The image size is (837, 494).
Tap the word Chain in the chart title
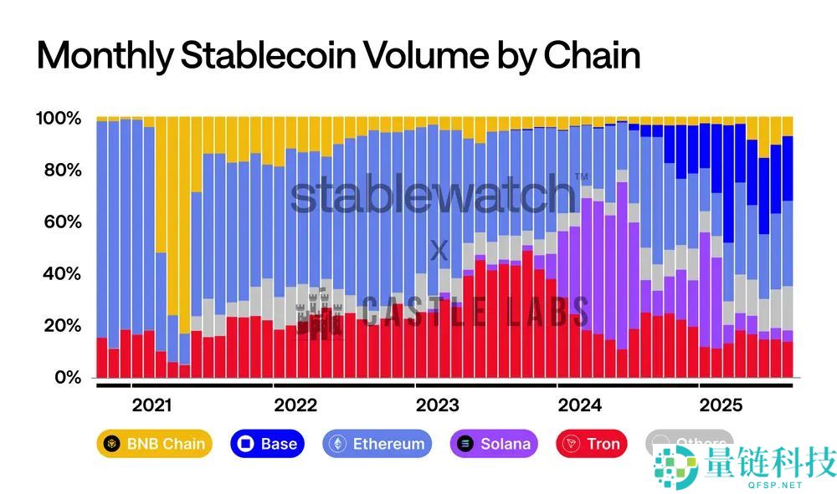[x=592, y=55]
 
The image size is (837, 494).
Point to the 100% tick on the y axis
[x=59, y=119]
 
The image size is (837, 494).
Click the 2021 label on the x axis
[x=152, y=406]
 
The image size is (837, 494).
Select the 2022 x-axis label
[x=295, y=406]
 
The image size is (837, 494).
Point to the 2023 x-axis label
[x=437, y=406]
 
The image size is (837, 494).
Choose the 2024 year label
[x=579, y=406]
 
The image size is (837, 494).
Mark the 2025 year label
[x=721, y=406]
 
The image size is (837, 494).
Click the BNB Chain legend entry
[x=154, y=444]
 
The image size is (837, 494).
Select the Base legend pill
[x=267, y=444]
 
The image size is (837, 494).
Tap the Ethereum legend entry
[x=377, y=444]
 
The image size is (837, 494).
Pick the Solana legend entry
[x=495, y=444]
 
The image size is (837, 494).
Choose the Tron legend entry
[x=593, y=444]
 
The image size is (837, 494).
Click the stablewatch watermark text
[x=433, y=195]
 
